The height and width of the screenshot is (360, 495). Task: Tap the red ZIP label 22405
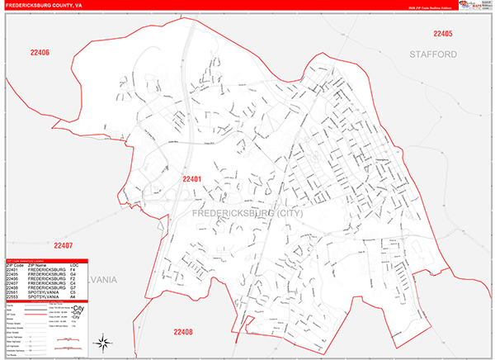pos(443,34)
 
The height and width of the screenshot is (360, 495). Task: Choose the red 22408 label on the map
pos(182,331)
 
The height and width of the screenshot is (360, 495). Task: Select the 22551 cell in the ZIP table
pos(12,291)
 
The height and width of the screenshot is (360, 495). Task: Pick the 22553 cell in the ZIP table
pos(12,296)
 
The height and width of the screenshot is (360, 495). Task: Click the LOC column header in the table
pos(74,264)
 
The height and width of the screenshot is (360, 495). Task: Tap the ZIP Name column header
pos(37,264)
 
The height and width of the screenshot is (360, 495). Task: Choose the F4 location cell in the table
pos(73,269)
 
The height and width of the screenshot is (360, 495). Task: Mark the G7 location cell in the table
pos(73,287)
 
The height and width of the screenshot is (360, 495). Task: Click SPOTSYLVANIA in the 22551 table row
pos(43,291)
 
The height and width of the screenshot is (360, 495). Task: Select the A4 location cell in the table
pos(73,296)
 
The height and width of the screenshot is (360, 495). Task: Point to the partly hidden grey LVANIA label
pos(103,280)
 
